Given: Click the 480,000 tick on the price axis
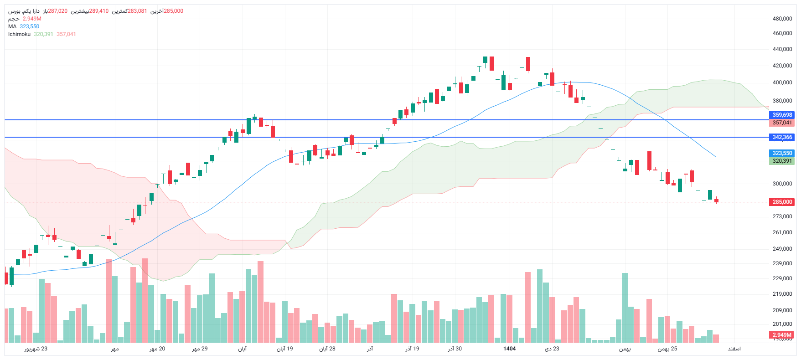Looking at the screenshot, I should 782,19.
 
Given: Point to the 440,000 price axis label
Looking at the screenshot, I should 782,49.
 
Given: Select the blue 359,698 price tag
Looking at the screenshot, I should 782,115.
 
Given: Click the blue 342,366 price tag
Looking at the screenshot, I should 782,137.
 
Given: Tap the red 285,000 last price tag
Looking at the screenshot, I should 782,202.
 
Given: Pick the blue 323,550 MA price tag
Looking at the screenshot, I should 782,153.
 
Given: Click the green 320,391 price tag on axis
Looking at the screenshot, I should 782,161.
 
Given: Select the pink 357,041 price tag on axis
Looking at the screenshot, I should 782,123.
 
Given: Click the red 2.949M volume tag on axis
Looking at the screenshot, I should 782,335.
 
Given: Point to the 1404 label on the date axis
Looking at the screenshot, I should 509,349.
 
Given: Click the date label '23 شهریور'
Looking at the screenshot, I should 36,349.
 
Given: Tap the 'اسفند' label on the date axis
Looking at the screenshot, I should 734,349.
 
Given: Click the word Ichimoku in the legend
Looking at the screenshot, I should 19,34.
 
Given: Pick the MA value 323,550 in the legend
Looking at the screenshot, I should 30,26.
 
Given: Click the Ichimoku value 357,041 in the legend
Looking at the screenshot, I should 66,34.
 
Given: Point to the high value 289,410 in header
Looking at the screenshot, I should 99,11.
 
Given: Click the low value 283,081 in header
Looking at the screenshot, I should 137,11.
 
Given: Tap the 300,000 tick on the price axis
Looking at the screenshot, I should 782,184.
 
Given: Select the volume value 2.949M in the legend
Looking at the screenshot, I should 32,19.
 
